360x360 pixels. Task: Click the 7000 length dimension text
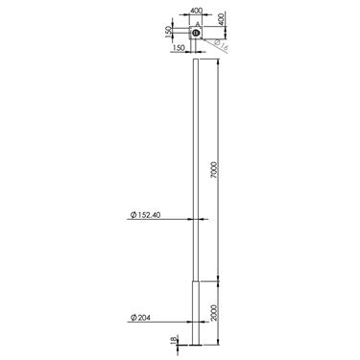pyautogui.click(x=218, y=170)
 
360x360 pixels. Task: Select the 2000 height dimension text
pyautogui.click(x=218, y=311)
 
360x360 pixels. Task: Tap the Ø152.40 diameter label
pyautogui.click(x=145, y=216)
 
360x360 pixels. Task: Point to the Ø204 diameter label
pyautogui.click(x=139, y=316)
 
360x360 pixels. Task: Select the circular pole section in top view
pyautogui.click(x=195, y=33)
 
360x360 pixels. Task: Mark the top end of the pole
pyautogui.click(x=197, y=60)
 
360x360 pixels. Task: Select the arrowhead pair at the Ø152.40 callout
pyautogui.click(x=197, y=220)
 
